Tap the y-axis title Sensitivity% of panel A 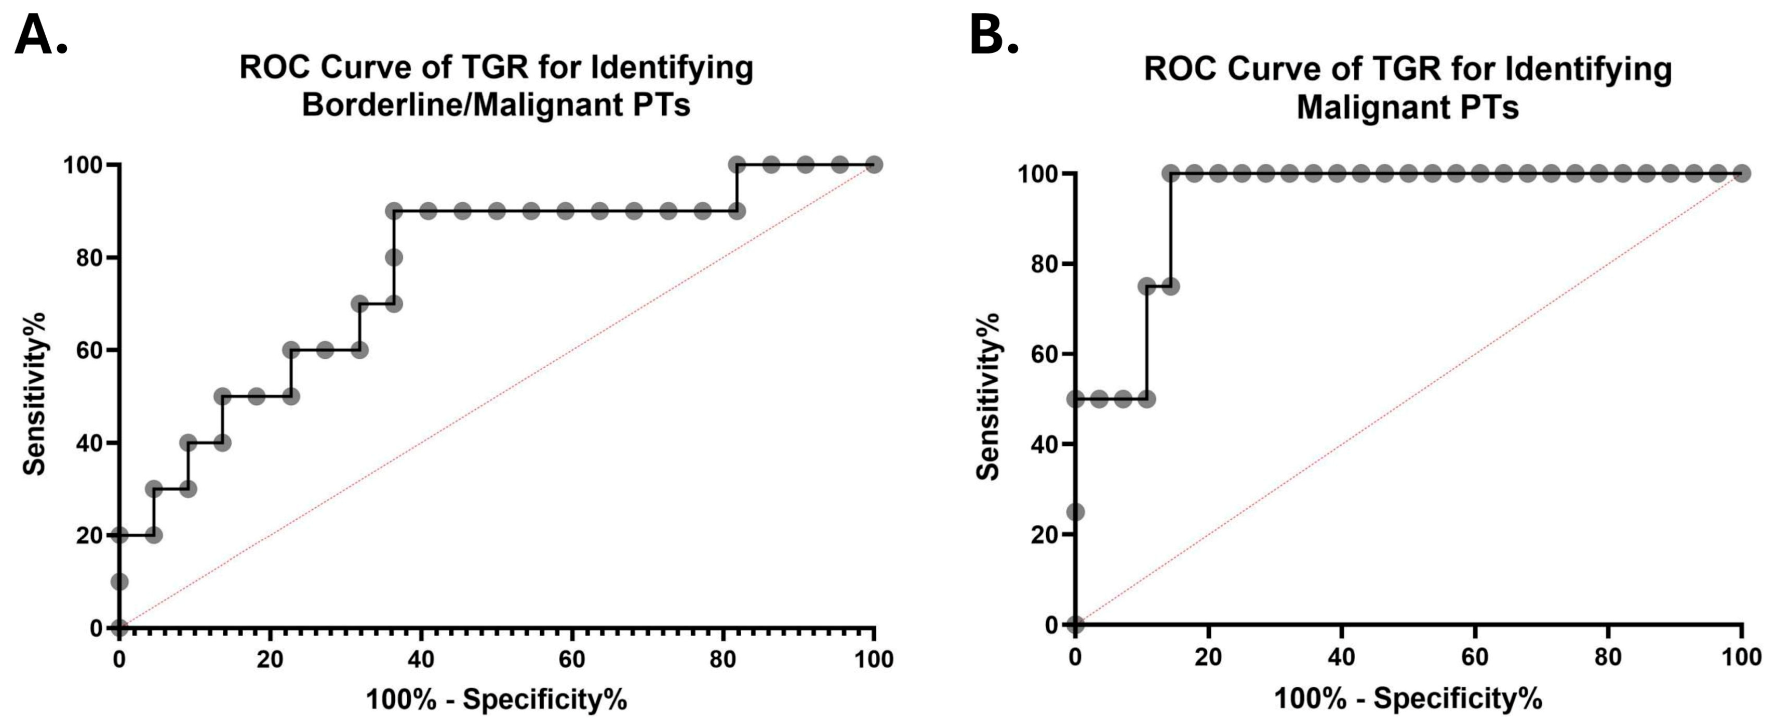coord(34,393)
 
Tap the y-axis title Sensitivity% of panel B coord(988,396)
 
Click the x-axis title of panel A coord(496,700)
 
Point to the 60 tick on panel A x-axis coord(571,659)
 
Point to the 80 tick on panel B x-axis coord(1608,657)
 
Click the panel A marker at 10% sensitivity coord(119,583)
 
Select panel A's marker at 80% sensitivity coord(393,257)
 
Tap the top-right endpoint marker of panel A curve coord(874,165)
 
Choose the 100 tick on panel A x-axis coord(874,659)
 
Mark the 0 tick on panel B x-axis coord(1075,657)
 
